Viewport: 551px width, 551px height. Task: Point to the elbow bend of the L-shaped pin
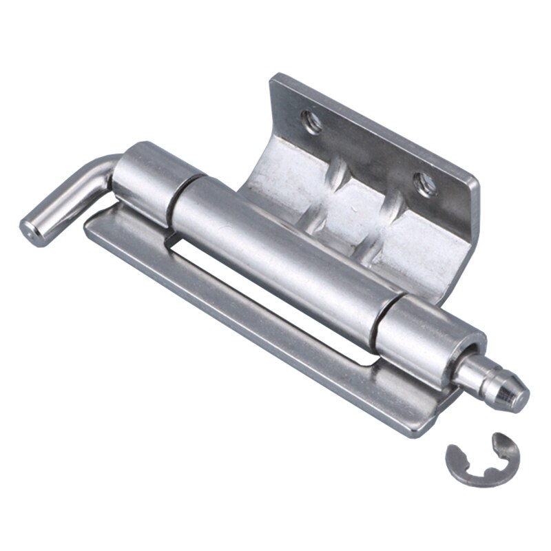(103, 169)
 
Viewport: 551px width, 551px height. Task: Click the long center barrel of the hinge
(275, 255)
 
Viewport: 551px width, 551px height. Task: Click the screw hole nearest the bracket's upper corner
(308, 122)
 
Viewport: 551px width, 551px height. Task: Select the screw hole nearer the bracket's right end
(422, 183)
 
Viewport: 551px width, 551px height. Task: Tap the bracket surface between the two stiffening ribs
(358, 207)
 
